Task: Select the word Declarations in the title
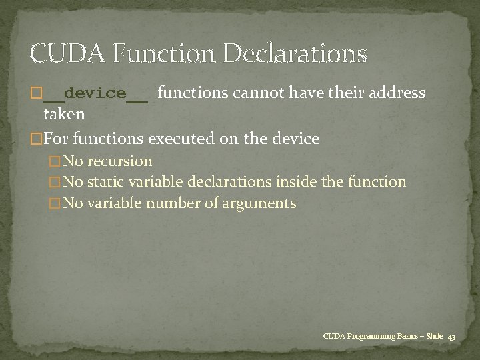tap(296, 53)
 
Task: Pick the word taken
tap(64, 114)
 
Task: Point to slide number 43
tap(451, 337)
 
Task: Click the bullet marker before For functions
tap(36, 139)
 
